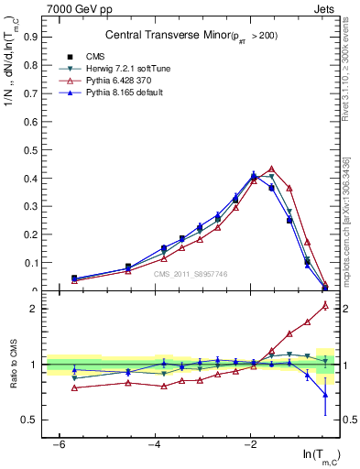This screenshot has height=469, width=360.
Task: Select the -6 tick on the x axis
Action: coord(59,444)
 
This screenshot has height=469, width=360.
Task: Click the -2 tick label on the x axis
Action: coord(251,444)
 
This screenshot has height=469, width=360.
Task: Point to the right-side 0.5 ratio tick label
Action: coord(346,420)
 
